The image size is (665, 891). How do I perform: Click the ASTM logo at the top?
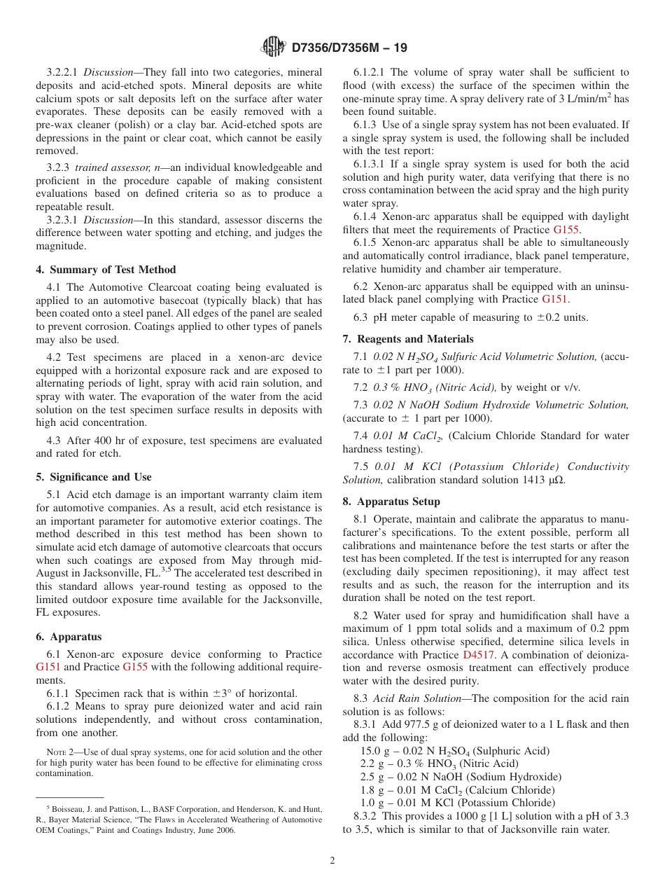pos(273,47)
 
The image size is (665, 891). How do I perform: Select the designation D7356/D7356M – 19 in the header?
pos(349,48)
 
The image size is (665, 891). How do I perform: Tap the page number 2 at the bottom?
pos(332,861)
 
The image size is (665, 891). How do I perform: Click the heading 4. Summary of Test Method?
pos(106,270)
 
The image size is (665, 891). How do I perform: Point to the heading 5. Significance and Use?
pos(93,477)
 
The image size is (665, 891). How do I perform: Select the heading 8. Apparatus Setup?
pos(391,502)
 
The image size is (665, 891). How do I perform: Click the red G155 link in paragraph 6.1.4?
pos(566,229)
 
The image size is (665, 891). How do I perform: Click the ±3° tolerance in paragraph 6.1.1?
pos(220,693)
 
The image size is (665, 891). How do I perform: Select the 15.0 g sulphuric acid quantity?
pos(372,751)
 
